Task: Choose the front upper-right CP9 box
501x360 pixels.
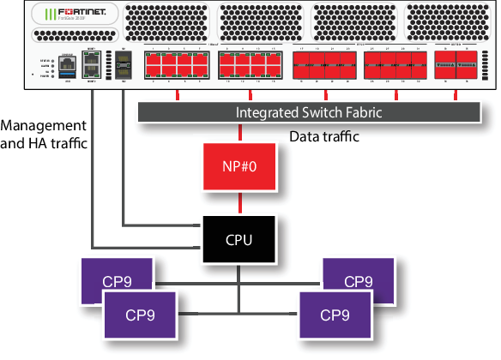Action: pos(358,280)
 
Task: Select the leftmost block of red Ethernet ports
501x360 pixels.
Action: pos(177,66)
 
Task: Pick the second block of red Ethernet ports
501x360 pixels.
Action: pos(250,66)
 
